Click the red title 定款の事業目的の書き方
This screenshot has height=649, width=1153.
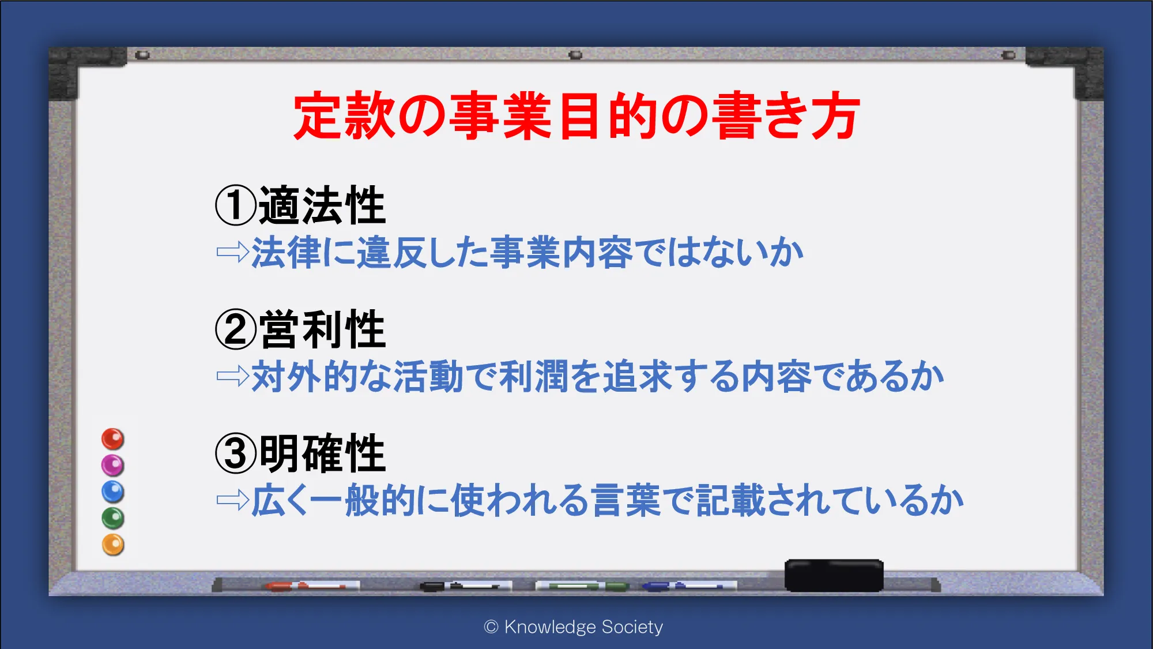[576, 115]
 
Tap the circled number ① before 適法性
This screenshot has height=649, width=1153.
[235, 205]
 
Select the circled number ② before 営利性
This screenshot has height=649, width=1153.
[235, 329]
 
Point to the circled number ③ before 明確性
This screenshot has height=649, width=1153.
[235, 453]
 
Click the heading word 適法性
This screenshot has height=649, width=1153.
[322, 205]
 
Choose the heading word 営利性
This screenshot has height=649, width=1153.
[322, 329]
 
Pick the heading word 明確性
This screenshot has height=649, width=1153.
[322, 453]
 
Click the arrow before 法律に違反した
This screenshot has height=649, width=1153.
[233, 252]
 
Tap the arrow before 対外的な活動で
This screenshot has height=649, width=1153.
[233, 376]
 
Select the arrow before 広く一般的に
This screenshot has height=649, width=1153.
[233, 500]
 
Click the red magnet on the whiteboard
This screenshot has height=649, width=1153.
[113, 439]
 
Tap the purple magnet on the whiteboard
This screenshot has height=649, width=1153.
[113, 465]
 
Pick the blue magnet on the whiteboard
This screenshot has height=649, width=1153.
[113, 492]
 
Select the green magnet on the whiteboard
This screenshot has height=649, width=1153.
[113, 518]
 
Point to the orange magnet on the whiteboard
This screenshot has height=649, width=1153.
[113, 545]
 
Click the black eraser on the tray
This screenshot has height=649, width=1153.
[834, 575]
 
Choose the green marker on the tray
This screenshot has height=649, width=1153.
[582, 586]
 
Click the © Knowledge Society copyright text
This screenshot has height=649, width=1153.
[574, 627]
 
